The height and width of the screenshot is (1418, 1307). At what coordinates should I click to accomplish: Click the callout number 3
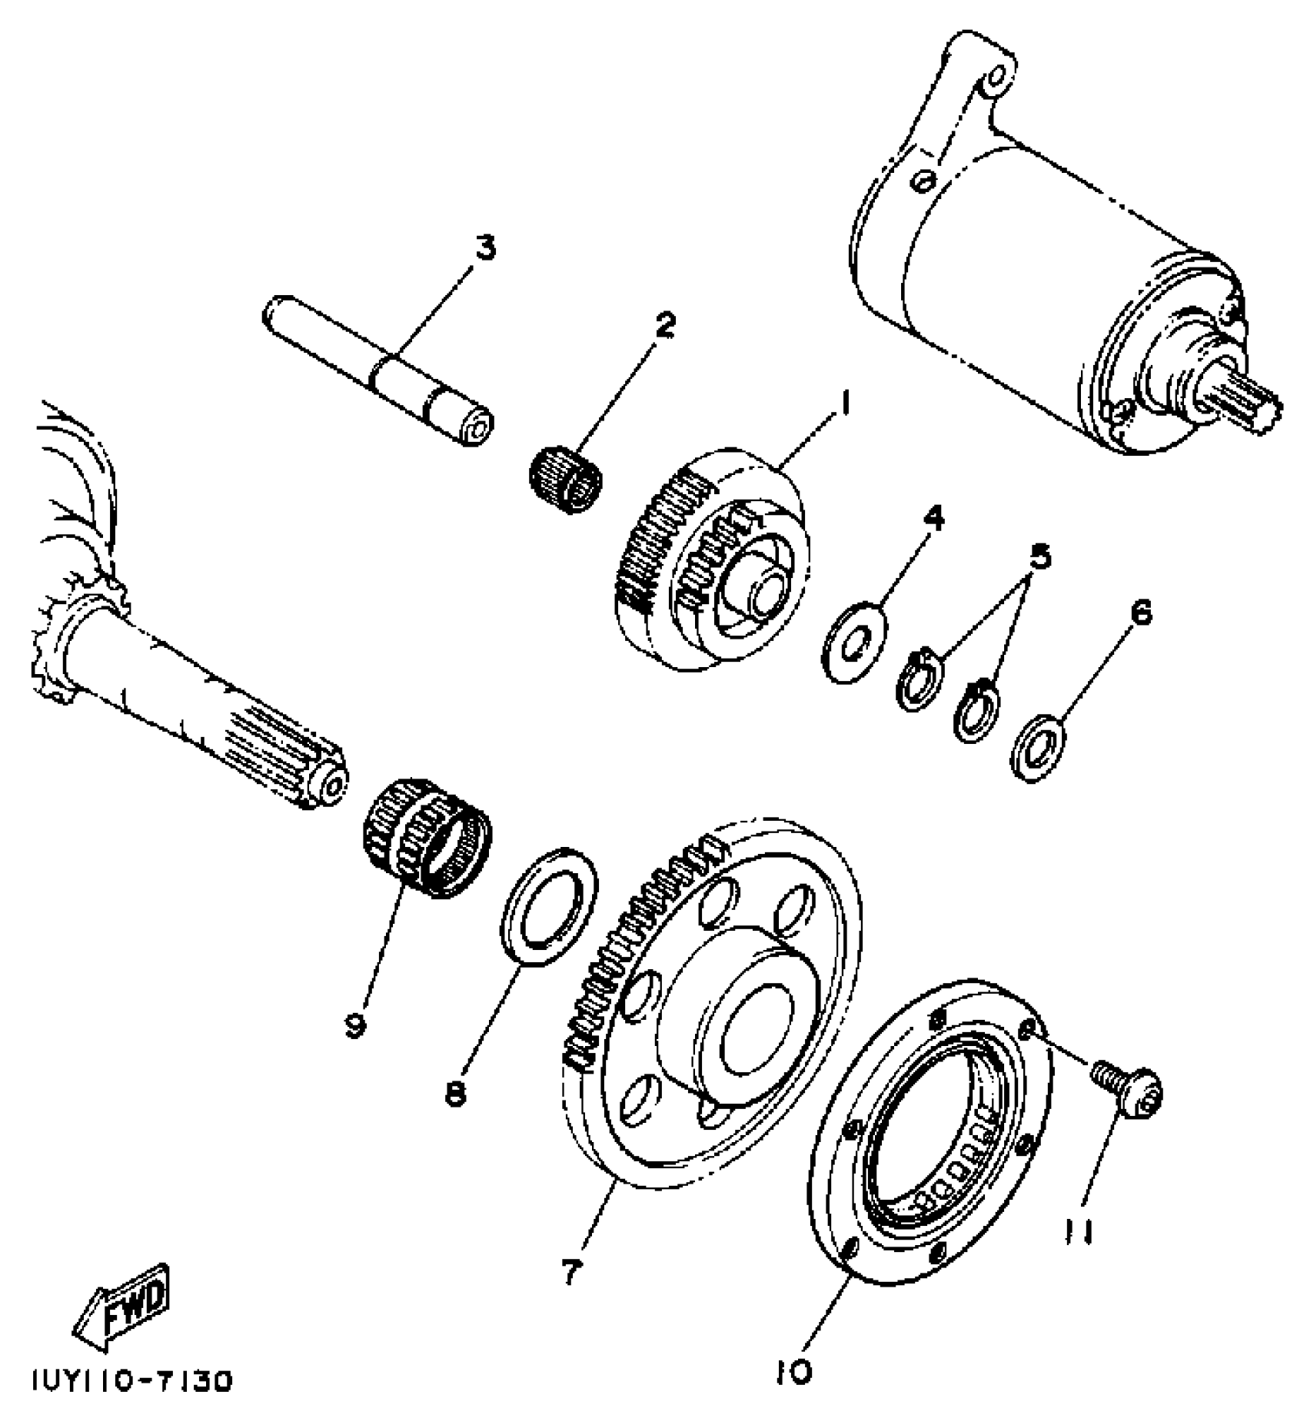tap(485, 248)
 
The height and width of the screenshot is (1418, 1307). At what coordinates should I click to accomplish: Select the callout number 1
tap(844, 401)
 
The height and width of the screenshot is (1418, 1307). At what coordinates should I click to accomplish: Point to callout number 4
tap(933, 519)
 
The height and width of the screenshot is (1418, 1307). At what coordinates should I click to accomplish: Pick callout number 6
tap(1142, 613)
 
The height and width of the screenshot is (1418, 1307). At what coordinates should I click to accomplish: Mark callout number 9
tap(354, 1024)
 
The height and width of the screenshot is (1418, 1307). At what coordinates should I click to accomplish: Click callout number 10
tap(794, 1370)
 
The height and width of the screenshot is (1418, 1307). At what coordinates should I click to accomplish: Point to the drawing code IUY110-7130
tap(131, 1381)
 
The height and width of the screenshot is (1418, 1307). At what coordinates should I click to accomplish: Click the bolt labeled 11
tap(1130, 1089)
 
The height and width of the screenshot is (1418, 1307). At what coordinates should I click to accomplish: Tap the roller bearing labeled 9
tap(427, 848)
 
